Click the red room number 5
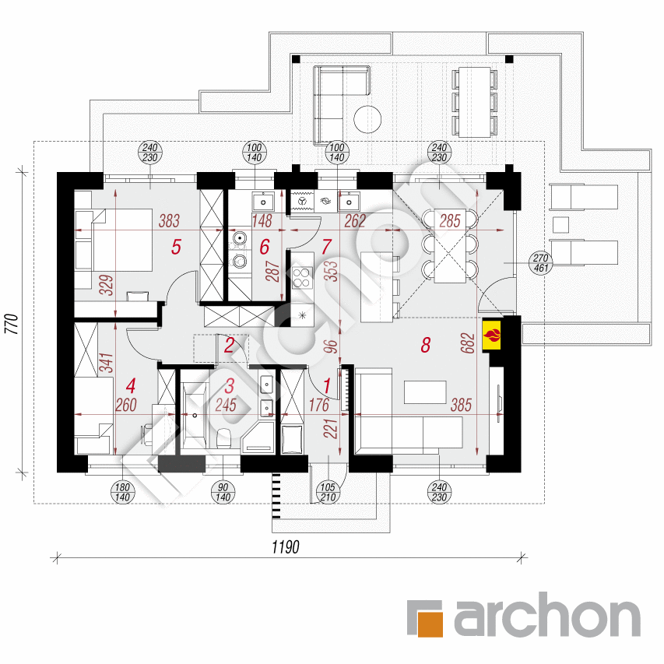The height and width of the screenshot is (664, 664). (176, 247)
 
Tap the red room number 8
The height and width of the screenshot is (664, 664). (426, 345)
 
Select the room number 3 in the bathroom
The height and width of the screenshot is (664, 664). (230, 386)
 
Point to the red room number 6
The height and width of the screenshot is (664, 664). (265, 247)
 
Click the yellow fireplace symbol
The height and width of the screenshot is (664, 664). (492, 336)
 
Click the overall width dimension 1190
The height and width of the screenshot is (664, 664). (286, 546)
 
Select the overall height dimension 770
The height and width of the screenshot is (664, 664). (12, 324)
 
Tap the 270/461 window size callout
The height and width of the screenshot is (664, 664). (541, 263)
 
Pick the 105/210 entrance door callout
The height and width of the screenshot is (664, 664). (328, 492)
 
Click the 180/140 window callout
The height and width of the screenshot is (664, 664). (122, 492)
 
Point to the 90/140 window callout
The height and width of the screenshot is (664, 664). (223, 492)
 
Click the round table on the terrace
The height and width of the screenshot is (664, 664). (367, 119)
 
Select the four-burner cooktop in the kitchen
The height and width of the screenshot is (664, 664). (302, 277)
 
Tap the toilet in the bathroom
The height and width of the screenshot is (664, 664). (223, 438)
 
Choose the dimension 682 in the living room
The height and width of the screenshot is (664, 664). (468, 343)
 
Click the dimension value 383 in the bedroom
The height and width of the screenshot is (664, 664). (169, 220)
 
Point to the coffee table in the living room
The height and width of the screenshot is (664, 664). (425, 392)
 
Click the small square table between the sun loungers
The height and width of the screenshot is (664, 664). (560, 225)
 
